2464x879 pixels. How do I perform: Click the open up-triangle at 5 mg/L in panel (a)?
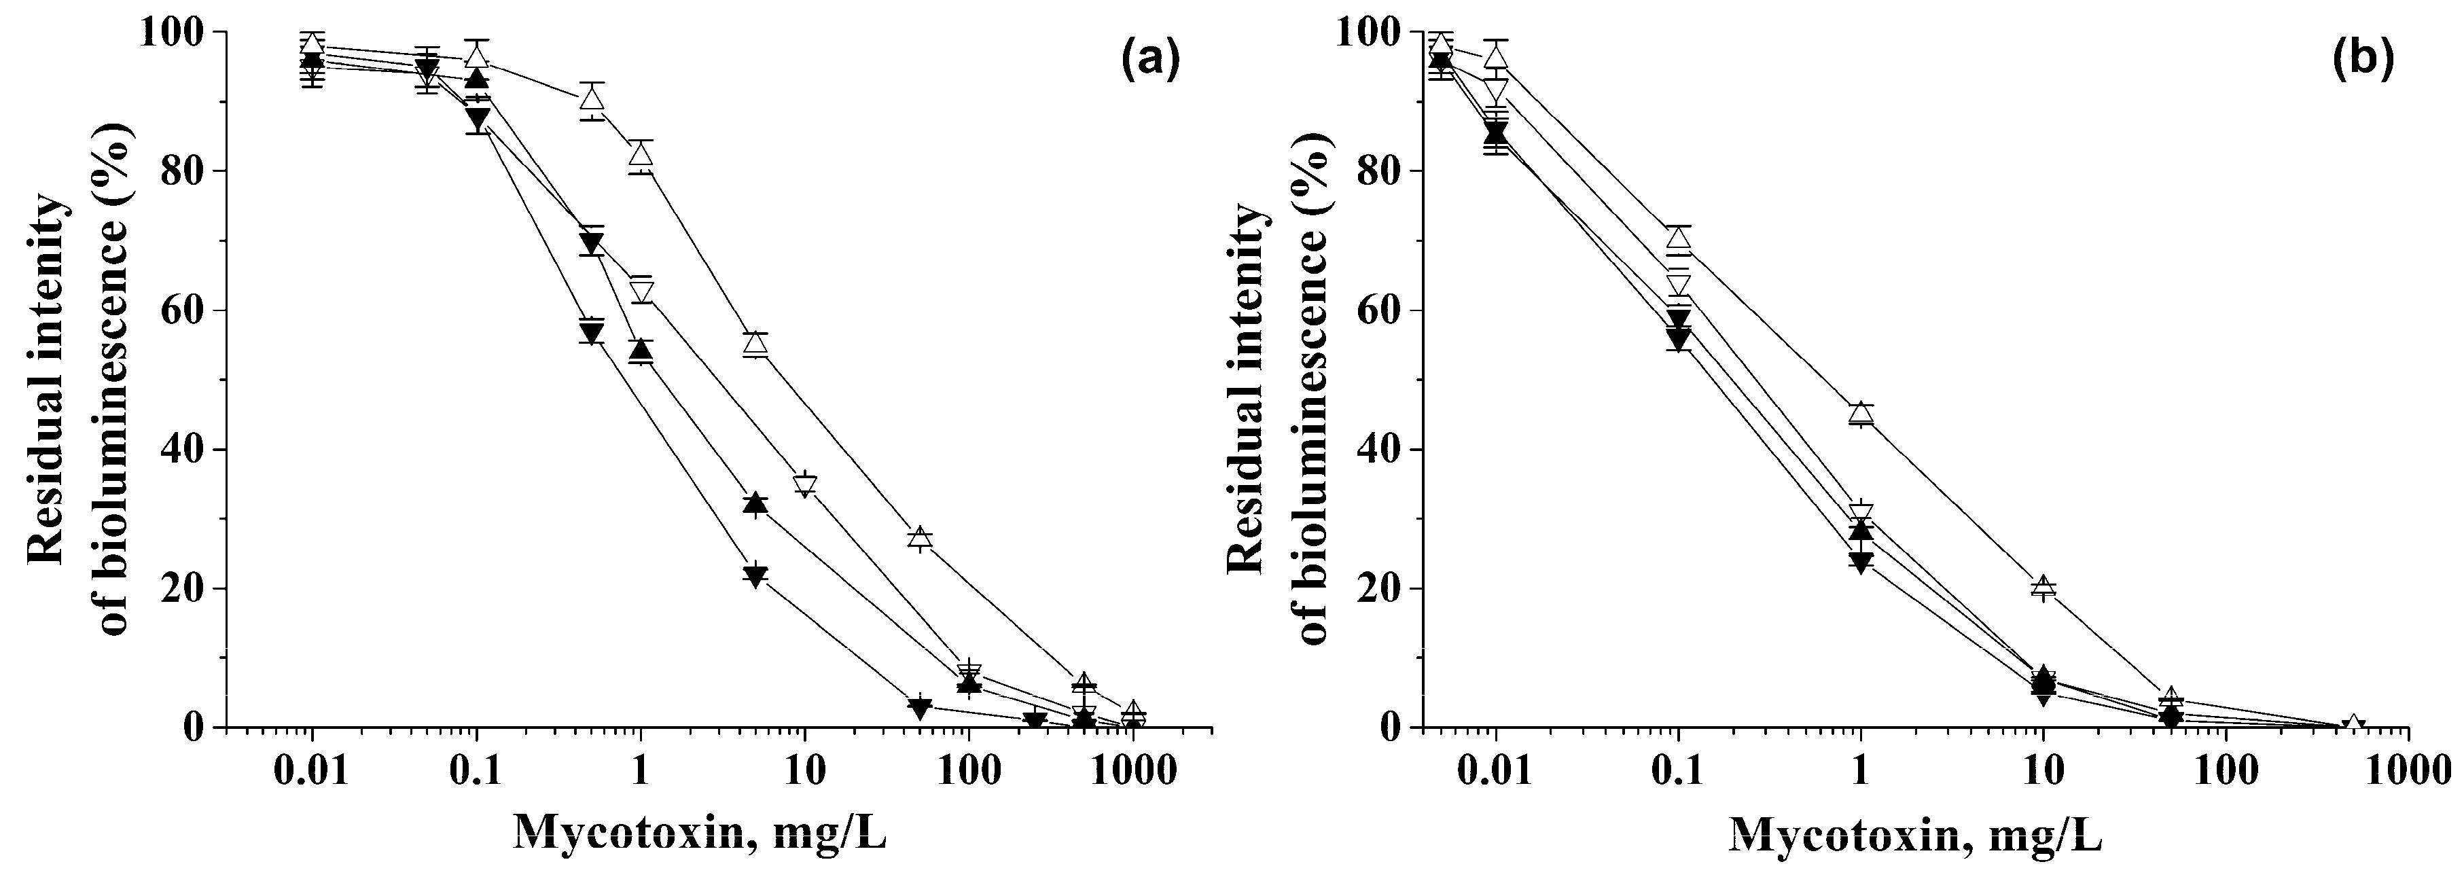pos(755,342)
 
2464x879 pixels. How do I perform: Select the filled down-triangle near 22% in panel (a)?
pos(755,577)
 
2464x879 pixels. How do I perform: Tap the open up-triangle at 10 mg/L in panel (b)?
pos(2043,586)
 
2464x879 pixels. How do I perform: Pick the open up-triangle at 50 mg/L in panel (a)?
pos(919,537)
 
